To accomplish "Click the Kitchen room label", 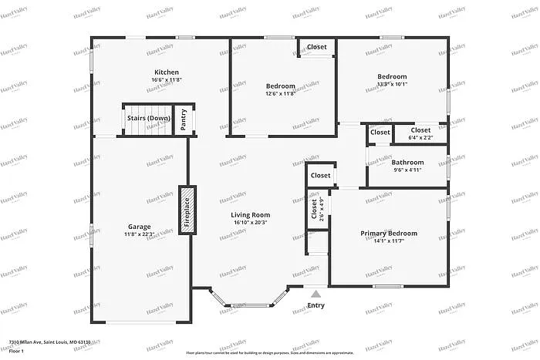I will (167, 72).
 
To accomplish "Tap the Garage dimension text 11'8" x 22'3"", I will (140, 234).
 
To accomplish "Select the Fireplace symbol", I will (187, 210).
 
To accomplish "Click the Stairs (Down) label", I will (148, 118).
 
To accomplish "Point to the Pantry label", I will (184, 119).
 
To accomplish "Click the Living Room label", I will (250, 215).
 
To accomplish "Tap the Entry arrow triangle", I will (316, 294).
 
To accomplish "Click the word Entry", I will (316, 305).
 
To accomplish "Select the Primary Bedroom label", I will (389, 233).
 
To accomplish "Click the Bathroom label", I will (407, 162).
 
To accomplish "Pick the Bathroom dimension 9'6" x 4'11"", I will (407, 170).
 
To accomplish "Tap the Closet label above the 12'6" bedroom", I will (317, 47).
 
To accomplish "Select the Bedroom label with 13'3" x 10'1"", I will (392, 76).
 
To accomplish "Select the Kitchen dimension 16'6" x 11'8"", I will (167, 79).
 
